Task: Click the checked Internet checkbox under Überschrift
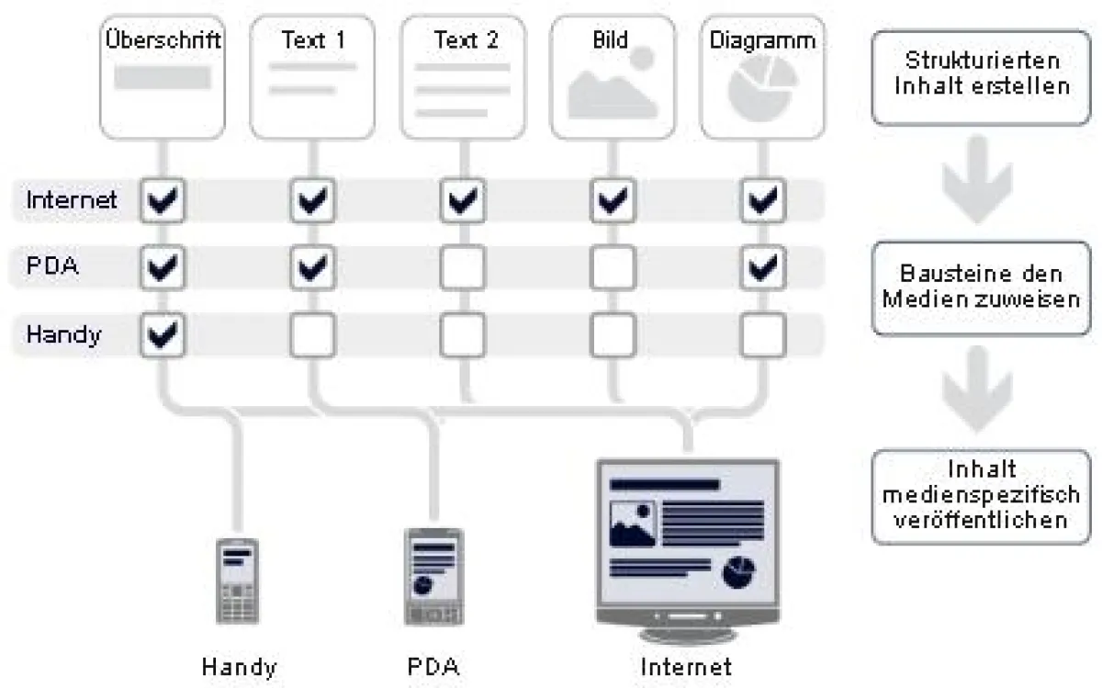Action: pyautogui.click(x=163, y=200)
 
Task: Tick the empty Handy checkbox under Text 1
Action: pyautogui.click(x=313, y=334)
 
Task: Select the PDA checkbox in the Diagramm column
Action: pyautogui.click(x=762, y=267)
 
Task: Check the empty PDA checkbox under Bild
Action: pyautogui.click(x=613, y=267)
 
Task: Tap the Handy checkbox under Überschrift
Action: pyautogui.click(x=163, y=334)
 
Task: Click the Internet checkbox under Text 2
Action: pyautogui.click(x=463, y=200)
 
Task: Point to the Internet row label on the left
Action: pyautogui.click(x=72, y=200)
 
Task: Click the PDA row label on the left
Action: pyautogui.click(x=53, y=267)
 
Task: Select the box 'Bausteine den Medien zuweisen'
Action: pyautogui.click(x=982, y=287)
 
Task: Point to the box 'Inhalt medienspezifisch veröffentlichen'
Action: pyautogui.click(x=982, y=496)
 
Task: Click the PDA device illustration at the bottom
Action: pyautogui.click(x=433, y=576)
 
